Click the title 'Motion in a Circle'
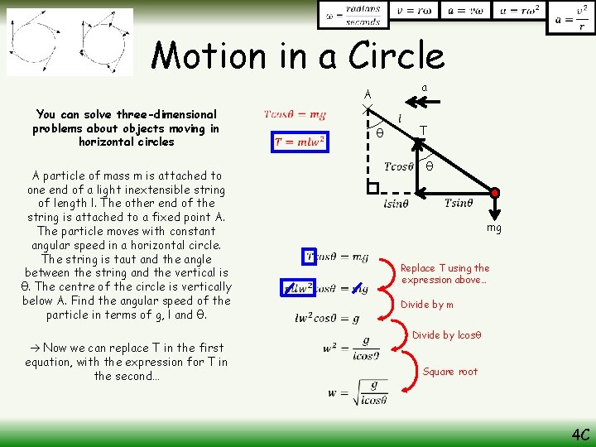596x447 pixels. click(298, 55)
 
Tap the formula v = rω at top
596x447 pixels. click(414, 11)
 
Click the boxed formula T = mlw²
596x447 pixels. click(300, 142)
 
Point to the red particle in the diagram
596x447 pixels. click(495, 194)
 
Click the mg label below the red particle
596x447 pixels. click(494, 227)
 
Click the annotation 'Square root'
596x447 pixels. click(449, 372)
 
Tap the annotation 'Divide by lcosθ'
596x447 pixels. click(446, 335)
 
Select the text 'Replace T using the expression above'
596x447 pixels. click(445, 274)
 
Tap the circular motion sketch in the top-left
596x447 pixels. click(70, 41)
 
